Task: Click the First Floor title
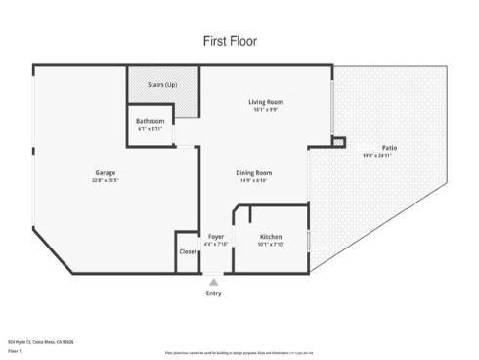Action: pos(230,41)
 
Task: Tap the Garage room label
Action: pos(104,173)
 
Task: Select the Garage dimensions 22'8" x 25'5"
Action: pos(104,181)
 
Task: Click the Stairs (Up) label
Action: pos(161,85)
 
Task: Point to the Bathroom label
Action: pos(150,121)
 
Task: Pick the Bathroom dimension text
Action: pos(150,129)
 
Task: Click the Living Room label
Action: pos(265,102)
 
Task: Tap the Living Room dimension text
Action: pos(265,110)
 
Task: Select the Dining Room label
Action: pos(255,173)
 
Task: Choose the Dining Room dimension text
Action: pos(255,181)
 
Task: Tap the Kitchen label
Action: pos(271,237)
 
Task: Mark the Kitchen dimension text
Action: pos(271,245)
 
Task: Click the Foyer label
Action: pos(216,237)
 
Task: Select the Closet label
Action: pos(188,251)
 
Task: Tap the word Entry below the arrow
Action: pos(214,293)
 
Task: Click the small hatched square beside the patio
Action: pos(338,142)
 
